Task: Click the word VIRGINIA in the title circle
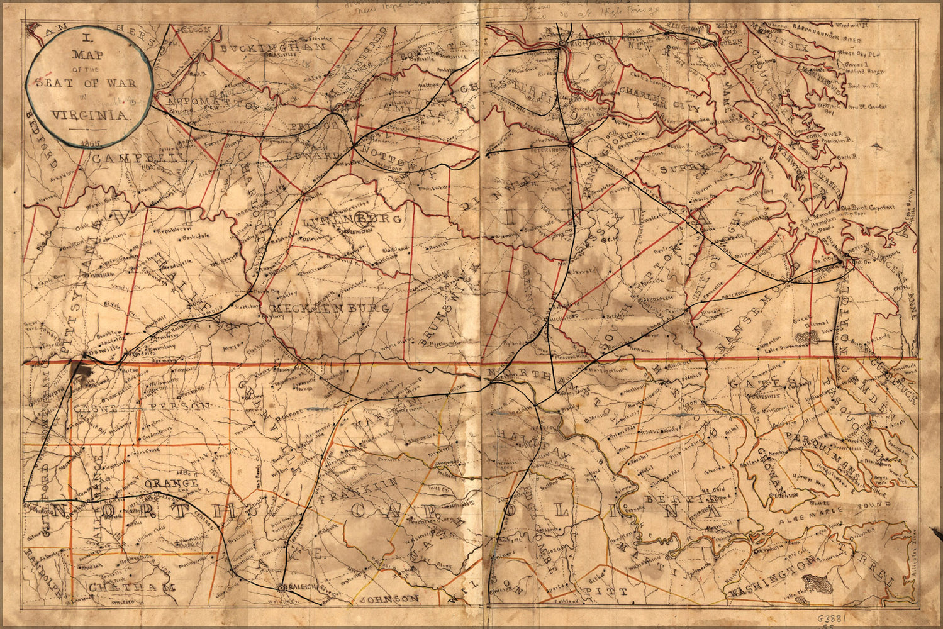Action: pyautogui.click(x=90, y=115)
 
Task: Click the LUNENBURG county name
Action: pyautogui.click(x=352, y=220)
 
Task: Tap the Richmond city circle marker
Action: pyautogui.click(x=561, y=44)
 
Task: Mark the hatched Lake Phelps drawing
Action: pyautogui.click(x=820, y=584)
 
